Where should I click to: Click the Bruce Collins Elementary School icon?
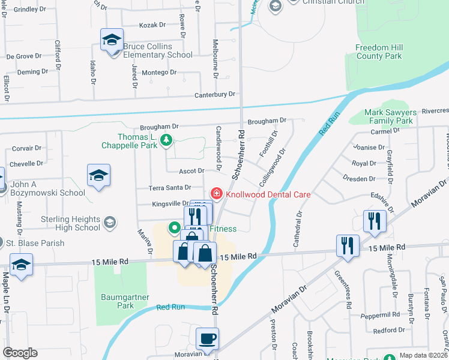point(112,41)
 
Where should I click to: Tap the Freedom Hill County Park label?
point(378,52)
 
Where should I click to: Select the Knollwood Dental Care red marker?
point(215,194)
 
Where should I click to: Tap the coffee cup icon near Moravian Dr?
point(207,338)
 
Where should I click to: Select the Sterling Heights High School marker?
point(110,223)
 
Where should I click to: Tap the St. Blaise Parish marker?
point(10,244)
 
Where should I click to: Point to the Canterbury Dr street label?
point(215,95)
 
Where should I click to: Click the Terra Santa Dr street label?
point(170,188)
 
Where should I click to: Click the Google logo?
point(20,353)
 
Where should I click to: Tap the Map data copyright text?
point(423,355)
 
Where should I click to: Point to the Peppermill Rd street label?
point(380,314)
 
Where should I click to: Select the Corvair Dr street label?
point(26,148)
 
